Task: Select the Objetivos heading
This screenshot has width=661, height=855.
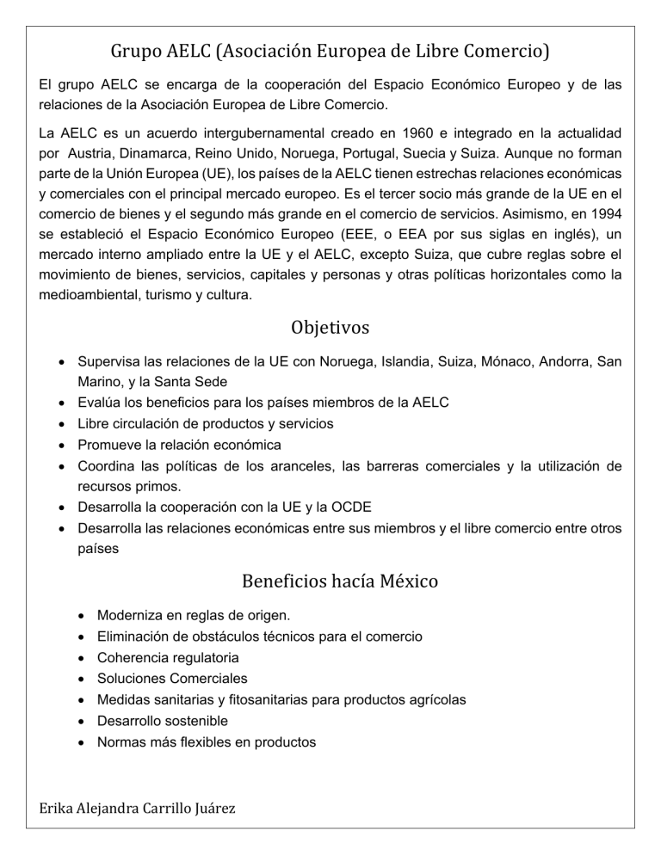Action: coord(330,327)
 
